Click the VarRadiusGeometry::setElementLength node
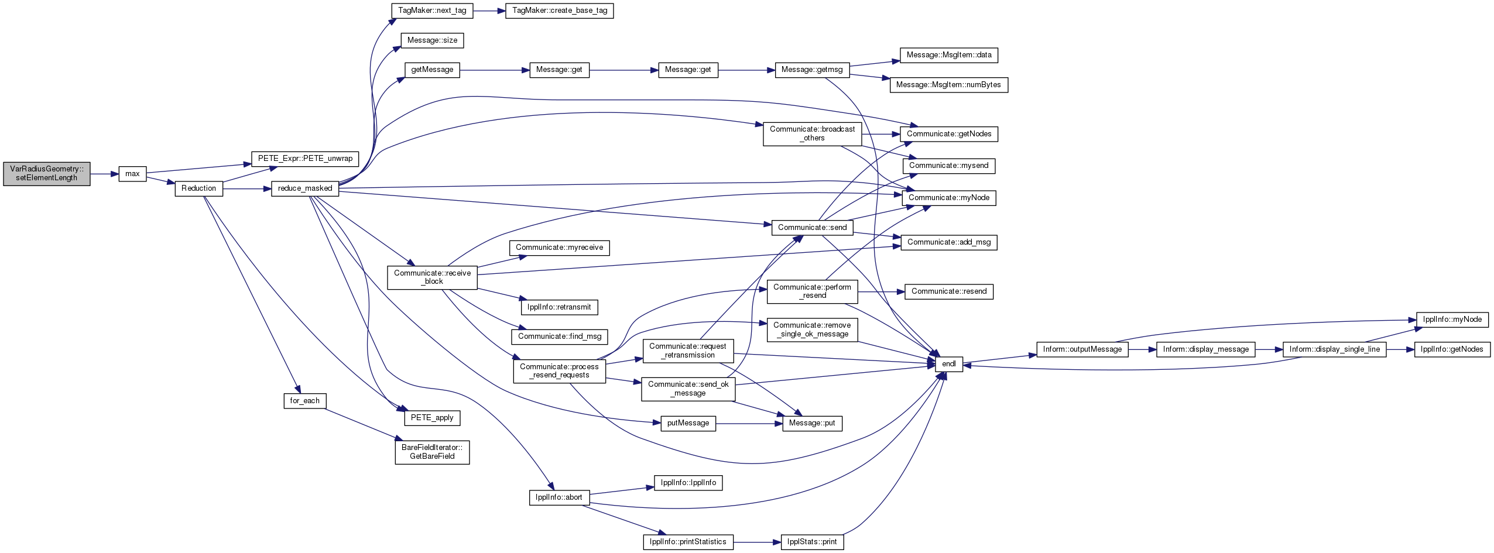tap(47, 174)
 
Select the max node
tap(132, 174)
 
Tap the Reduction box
tap(198, 188)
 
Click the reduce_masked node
tap(305, 188)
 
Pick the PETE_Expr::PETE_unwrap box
tap(305, 159)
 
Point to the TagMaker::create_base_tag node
tap(560, 11)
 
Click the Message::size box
tap(433, 40)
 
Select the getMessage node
tap(432, 70)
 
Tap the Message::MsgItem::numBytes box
tap(948, 85)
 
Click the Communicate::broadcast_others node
tap(812, 134)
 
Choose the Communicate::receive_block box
tap(432, 277)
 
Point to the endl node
tap(949, 364)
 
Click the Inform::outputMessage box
tap(1082, 349)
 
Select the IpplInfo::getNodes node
tap(1452, 349)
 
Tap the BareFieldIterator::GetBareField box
tap(432, 452)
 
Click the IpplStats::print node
tap(812, 542)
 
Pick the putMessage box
tap(688, 423)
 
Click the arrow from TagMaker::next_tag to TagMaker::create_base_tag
tap(489, 11)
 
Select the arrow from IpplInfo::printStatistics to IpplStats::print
tap(757, 542)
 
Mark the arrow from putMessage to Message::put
tap(749, 423)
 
